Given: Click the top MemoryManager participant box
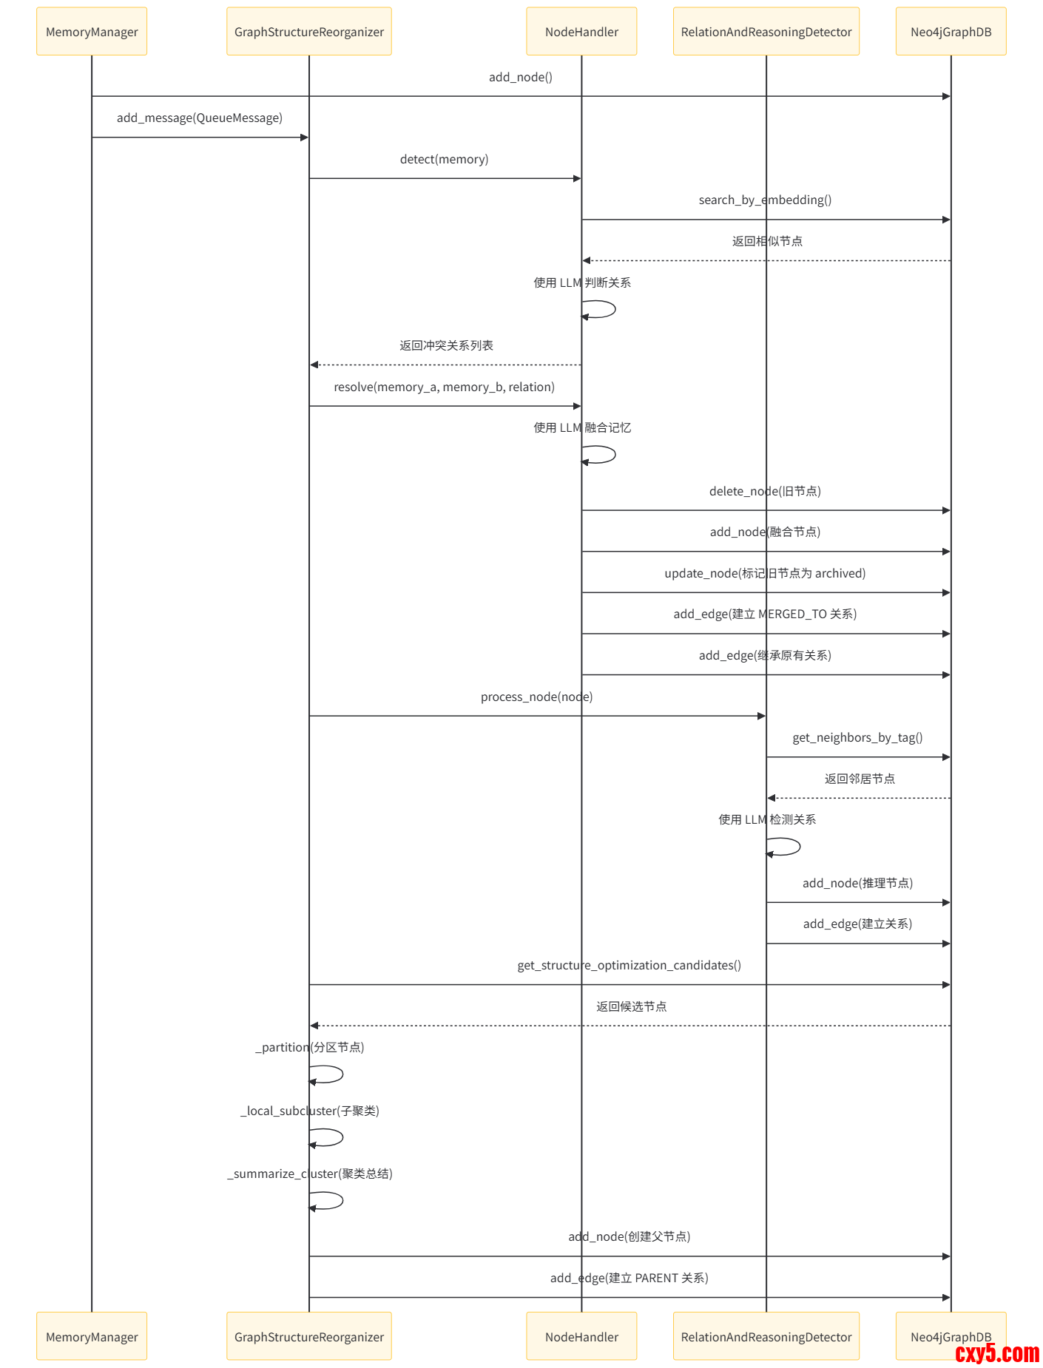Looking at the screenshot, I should coord(92,32).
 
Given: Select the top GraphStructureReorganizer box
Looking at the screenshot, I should coord(308,32).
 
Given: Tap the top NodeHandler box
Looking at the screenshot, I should coord(581,32).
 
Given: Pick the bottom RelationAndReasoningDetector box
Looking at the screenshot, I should coord(766,1336).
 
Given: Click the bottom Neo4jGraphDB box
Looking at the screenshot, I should coord(950,1336).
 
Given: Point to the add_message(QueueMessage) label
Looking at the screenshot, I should coord(199,118).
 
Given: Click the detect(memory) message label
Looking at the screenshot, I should coord(444,159).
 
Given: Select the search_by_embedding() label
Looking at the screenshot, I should coord(765,200).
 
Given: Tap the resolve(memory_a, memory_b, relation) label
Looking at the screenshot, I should coord(444,387).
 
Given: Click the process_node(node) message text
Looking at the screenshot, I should coord(536,697).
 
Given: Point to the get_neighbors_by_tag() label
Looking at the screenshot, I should coord(857,737).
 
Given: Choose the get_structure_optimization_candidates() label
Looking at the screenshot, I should coord(629,965).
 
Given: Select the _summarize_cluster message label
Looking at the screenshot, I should coord(309,1174).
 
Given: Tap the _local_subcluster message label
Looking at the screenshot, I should coord(309,1111).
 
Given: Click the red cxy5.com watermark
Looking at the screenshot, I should coord(996,1353).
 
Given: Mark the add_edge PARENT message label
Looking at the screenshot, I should coord(629,1278).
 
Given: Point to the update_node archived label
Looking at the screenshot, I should coord(765,573).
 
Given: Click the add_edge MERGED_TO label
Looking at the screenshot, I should coord(765,614).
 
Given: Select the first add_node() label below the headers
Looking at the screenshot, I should coord(520,77).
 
